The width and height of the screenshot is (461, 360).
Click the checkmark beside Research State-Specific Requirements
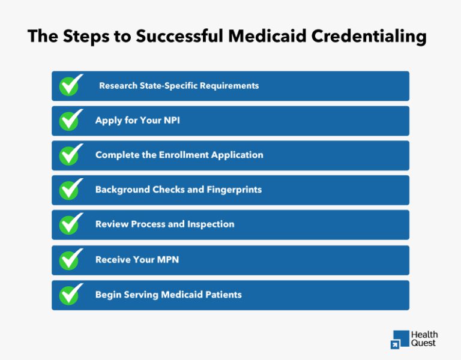point(71,86)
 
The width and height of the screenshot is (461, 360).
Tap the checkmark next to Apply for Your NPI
point(71,121)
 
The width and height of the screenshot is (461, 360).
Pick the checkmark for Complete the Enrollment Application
point(71,155)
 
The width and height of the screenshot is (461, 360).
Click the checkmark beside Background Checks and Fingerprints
point(71,190)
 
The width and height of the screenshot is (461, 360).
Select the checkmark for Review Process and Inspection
point(71,224)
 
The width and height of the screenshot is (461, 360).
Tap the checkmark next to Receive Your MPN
point(71,260)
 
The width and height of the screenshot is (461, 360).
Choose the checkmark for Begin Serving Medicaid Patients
point(71,295)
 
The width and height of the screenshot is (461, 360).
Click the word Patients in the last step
point(221,295)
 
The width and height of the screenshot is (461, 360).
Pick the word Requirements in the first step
point(230,86)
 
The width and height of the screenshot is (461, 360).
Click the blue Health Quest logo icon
point(399,339)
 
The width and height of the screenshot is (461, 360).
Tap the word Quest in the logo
point(424,343)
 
